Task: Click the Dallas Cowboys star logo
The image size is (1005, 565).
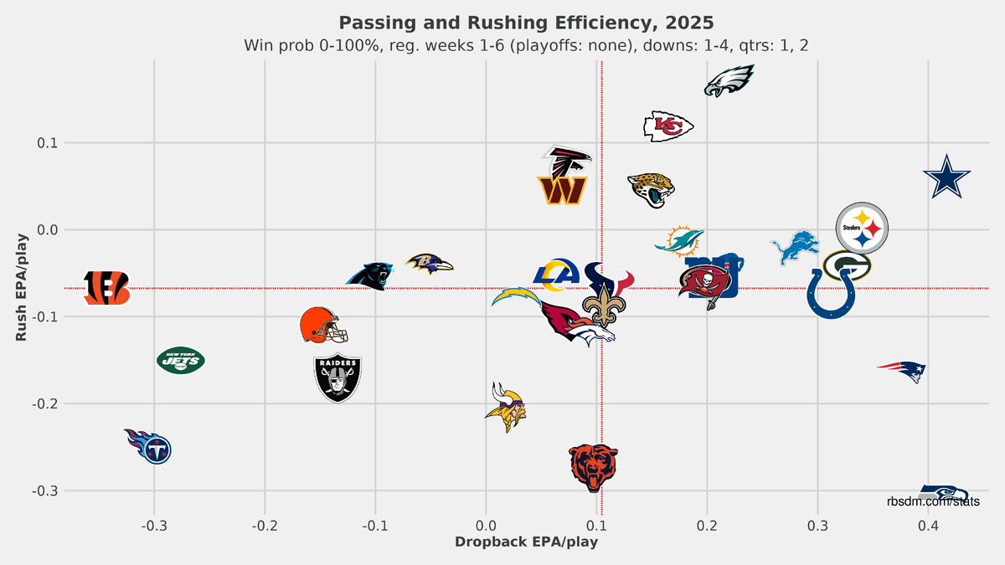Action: click(x=947, y=177)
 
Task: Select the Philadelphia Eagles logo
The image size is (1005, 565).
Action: click(x=729, y=81)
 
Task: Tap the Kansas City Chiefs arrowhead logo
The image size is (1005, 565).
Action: click(x=667, y=126)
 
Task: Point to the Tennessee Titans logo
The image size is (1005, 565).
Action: click(x=149, y=446)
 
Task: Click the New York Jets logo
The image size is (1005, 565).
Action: click(x=181, y=361)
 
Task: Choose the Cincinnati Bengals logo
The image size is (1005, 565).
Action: click(x=106, y=287)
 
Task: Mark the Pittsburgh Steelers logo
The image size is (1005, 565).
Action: click(x=862, y=228)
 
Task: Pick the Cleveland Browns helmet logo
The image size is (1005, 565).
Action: click(x=322, y=326)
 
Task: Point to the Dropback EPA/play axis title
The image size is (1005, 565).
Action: click(x=526, y=542)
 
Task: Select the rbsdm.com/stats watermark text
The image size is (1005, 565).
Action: click(x=934, y=502)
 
